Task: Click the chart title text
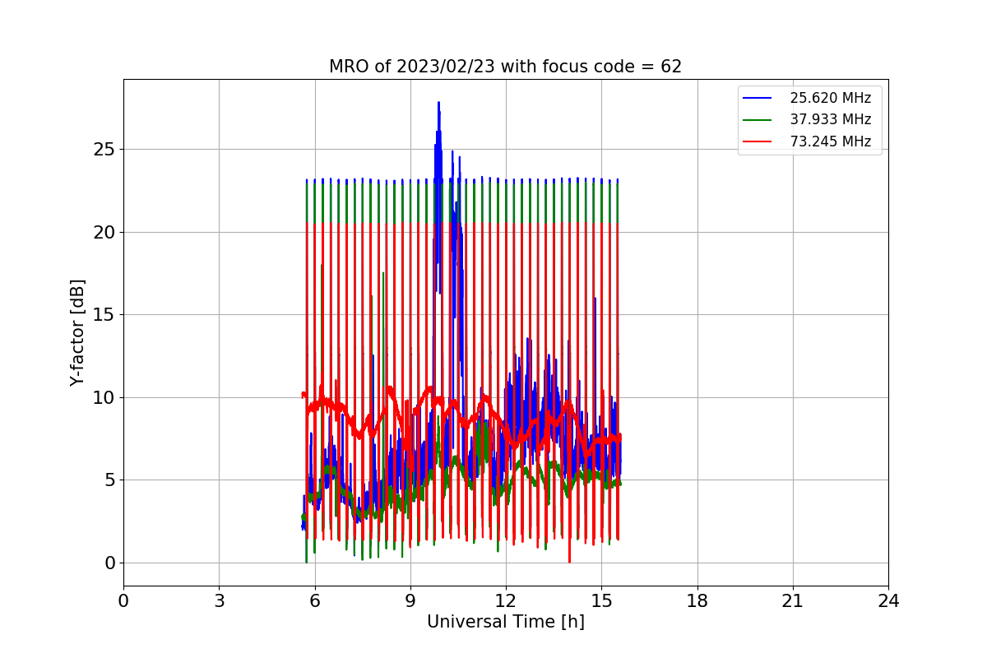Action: pos(505,67)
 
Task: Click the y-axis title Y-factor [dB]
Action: pos(77,332)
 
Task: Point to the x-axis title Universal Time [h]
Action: pos(505,622)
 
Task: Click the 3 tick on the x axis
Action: pos(219,601)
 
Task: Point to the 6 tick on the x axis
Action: pos(314,601)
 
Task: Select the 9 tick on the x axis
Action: pos(410,601)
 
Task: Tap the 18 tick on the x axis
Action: pos(697,601)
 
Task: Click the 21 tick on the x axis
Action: pos(792,601)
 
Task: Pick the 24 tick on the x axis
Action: pos(888,601)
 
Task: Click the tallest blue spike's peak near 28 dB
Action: pos(438,103)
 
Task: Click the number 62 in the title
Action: pos(671,67)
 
